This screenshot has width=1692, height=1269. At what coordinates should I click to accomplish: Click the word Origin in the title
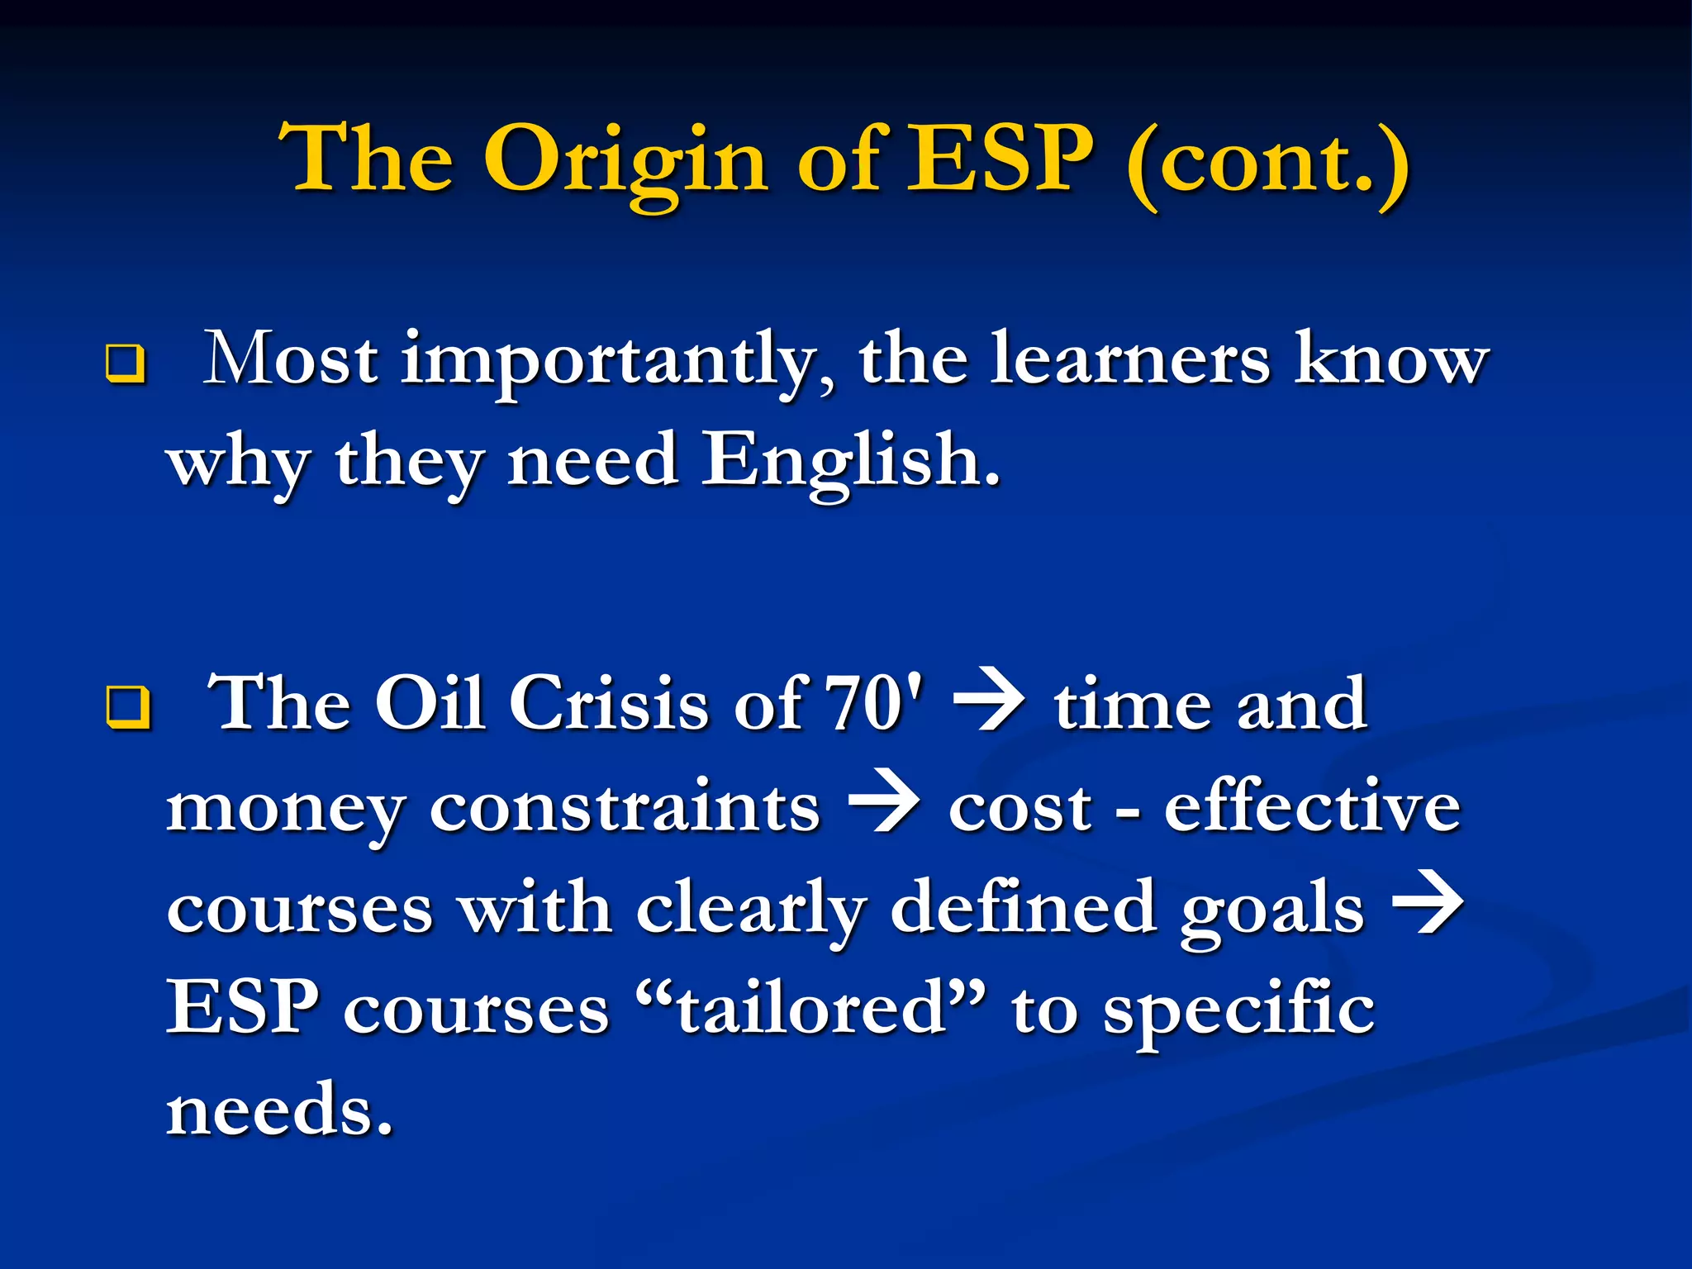click(625, 161)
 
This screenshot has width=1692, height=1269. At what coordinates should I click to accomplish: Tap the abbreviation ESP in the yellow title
click(1000, 159)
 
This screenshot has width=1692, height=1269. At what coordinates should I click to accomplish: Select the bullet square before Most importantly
click(126, 364)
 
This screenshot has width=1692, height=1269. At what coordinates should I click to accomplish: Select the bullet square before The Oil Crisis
click(127, 708)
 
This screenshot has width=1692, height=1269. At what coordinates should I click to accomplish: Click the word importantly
click(616, 361)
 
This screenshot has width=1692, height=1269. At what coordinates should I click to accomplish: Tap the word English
click(850, 460)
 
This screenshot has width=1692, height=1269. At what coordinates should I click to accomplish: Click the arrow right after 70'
click(988, 705)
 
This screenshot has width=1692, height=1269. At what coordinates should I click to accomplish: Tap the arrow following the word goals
click(1428, 906)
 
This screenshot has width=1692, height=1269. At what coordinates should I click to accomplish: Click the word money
click(284, 810)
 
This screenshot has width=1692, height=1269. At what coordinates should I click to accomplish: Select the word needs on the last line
click(278, 1110)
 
